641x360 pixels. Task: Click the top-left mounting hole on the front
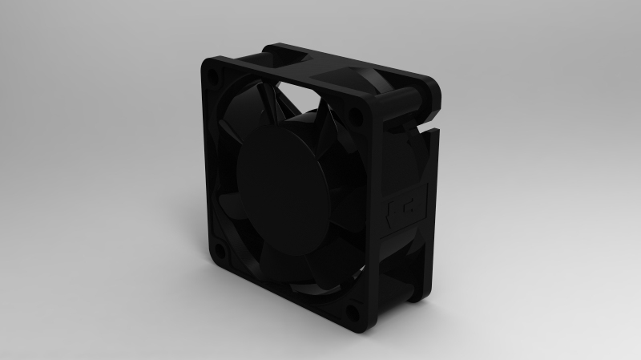212,76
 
